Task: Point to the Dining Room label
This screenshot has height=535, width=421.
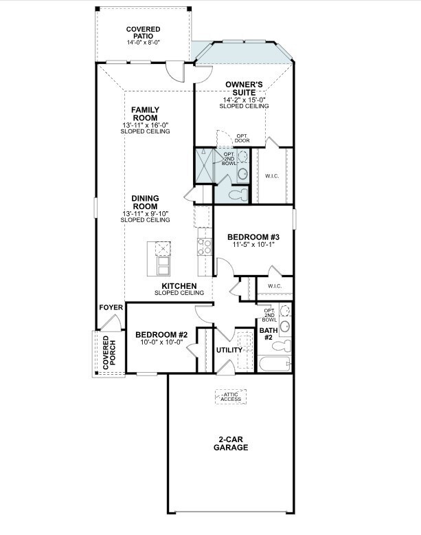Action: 145,202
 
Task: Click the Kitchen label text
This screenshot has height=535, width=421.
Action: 179,285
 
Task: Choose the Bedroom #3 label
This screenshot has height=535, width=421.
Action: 253,238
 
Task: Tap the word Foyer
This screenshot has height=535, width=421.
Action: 111,307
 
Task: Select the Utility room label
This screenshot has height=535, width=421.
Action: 229,350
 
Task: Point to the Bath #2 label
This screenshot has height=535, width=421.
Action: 267,334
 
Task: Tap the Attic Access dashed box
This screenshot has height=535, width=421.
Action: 230,397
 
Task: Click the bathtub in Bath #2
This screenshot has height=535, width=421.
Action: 274,364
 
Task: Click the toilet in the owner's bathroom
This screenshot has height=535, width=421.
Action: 236,195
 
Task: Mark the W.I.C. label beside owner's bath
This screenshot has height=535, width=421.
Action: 272,175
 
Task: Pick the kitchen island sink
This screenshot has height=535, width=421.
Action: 163,248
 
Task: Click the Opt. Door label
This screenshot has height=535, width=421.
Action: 242,138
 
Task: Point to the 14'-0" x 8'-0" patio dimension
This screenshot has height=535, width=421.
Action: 143,43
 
